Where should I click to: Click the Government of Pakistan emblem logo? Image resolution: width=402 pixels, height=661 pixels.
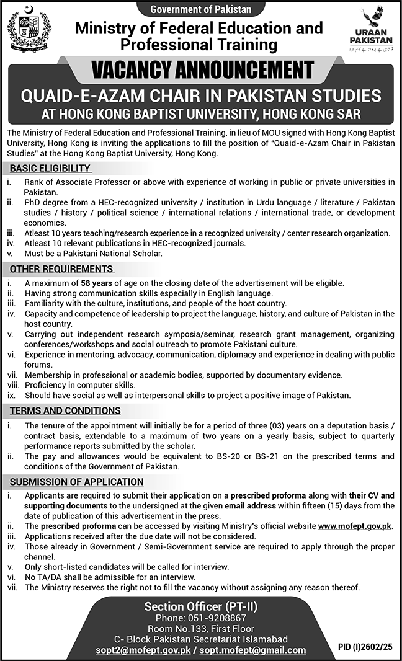(25, 30)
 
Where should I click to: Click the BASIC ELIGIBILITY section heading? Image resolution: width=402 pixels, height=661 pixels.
(50, 168)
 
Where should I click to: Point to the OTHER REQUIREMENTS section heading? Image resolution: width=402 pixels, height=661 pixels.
(60, 269)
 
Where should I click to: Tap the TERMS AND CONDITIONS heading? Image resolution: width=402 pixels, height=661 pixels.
(65, 410)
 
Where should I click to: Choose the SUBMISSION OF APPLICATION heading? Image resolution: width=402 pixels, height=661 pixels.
(76, 481)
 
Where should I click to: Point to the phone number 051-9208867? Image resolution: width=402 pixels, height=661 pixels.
(201, 618)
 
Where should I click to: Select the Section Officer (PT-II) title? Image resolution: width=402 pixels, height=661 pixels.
(201, 606)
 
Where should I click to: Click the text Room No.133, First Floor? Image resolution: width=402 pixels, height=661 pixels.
(201, 628)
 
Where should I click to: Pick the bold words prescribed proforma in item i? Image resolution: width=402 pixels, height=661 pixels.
(267, 497)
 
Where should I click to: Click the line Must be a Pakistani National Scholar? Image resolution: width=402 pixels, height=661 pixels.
(93, 254)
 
